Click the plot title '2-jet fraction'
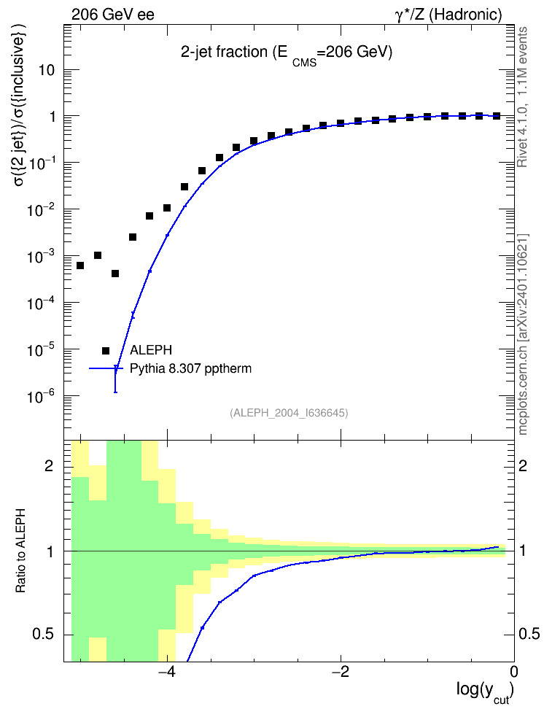[224, 52]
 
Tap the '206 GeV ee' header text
[112, 15]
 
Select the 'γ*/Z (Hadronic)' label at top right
[448, 15]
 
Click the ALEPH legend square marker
[106, 350]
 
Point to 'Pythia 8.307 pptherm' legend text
[190, 368]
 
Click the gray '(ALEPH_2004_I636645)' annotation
[289, 413]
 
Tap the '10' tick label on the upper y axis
[46, 70]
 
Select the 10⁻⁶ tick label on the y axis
[42, 397]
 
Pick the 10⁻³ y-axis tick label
[42, 256]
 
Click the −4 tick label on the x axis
[167, 672]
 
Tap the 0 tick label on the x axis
[514, 672]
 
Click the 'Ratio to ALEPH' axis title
[20, 551]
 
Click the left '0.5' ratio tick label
[43, 635]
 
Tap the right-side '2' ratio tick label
[523, 465]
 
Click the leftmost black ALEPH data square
[80, 266]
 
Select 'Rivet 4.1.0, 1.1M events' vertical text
[522, 97]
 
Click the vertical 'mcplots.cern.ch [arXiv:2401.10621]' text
[523, 334]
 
